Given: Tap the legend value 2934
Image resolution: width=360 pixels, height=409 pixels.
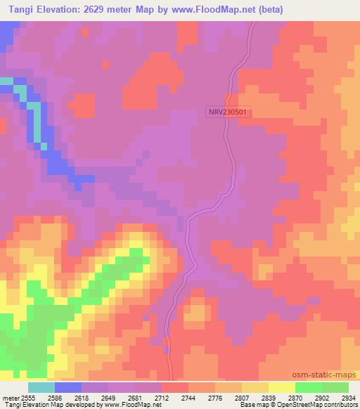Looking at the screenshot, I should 347,397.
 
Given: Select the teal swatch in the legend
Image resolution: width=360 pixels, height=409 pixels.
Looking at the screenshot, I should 41,387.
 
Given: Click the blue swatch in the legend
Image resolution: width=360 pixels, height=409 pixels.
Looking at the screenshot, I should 68,387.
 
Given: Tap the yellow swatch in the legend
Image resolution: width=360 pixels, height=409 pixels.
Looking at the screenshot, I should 281,387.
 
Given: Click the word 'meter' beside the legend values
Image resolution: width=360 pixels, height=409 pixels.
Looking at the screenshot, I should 8,397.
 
